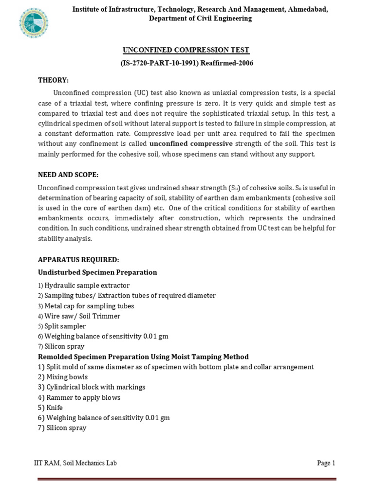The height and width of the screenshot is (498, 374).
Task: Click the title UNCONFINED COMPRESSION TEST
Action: coord(187,50)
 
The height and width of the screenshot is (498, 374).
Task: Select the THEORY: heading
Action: coord(53,80)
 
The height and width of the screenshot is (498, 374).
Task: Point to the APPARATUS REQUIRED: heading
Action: coord(78,260)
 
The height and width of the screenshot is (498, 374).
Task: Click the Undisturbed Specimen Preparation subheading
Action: coord(97,272)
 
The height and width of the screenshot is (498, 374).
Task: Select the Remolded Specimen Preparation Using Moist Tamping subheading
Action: coord(143,356)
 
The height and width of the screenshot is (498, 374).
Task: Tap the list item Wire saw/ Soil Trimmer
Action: coord(82,316)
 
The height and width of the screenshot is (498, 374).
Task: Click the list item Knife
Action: coord(54,408)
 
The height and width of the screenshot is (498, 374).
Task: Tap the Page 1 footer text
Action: coord(326,463)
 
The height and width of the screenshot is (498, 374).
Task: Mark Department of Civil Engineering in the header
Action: coord(200,18)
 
